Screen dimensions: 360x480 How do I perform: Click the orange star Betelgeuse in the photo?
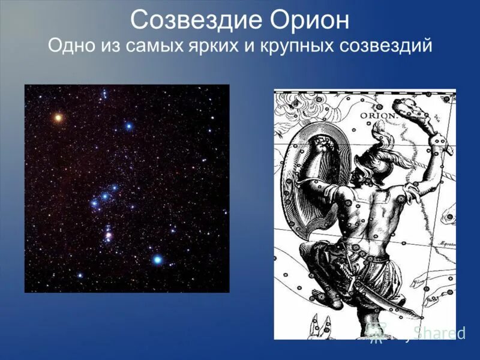(x=58, y=118)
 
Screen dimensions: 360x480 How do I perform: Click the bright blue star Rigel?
(x=157, y=260)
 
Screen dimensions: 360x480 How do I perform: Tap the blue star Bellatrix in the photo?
(x=128, y=127)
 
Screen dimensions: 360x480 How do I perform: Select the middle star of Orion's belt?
(x=105, y=196)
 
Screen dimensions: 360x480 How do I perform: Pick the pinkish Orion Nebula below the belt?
(x=109, y=236)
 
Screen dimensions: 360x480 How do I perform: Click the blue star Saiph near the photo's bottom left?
(x=80, y=275)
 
